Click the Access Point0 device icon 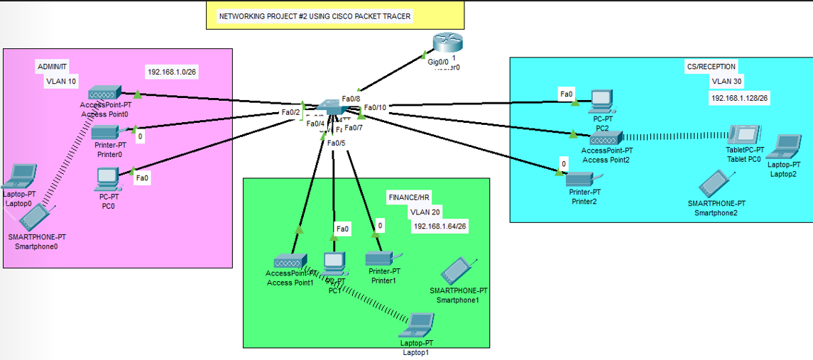point(105,94)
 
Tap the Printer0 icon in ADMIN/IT point(107,132)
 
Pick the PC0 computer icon point(108,176)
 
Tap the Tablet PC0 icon point(746,135)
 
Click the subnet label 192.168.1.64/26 point(440,226)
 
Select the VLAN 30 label point(726,82)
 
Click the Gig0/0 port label point(438,62)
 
